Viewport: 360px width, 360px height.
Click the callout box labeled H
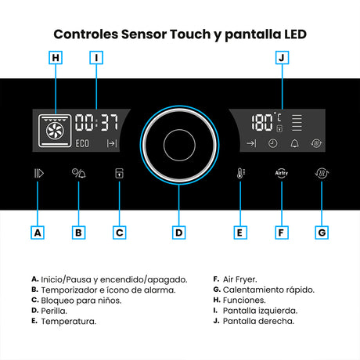56,58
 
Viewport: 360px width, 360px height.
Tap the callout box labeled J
282,58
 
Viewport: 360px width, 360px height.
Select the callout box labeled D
178,232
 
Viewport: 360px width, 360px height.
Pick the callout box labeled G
322,232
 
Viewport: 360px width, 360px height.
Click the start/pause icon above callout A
39,173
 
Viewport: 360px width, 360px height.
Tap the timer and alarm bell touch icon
78,173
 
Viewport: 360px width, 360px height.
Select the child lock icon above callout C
119,173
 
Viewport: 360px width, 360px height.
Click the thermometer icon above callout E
240,173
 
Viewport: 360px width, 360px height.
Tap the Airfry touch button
282,173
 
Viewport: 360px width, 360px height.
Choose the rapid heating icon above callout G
322,173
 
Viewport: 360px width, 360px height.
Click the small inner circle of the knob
179,145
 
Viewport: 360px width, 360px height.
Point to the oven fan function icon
55,131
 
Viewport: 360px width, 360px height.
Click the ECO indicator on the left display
82,143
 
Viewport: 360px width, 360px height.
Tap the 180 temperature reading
262,122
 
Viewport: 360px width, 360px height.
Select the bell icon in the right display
295,143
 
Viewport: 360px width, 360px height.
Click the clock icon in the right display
272,143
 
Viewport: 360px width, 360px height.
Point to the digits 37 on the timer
110,122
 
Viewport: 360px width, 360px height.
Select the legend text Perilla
54,311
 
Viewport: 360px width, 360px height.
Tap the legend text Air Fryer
239,279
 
